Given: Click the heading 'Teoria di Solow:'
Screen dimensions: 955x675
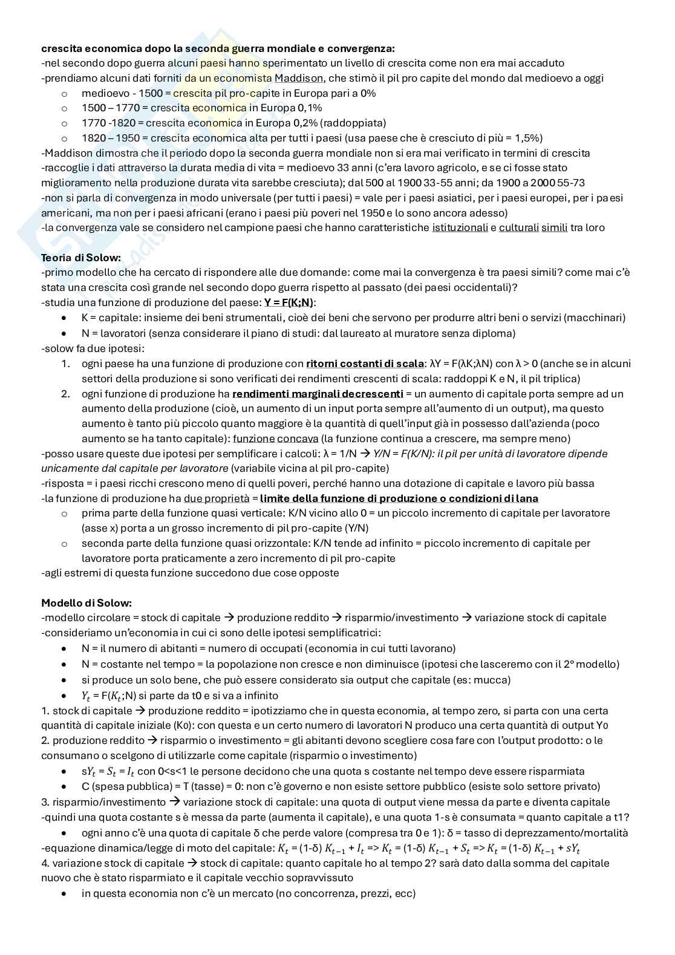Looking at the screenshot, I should (81, 258).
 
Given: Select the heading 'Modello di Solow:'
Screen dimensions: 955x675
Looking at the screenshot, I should (86, 603).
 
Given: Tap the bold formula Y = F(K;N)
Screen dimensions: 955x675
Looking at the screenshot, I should (290, 302).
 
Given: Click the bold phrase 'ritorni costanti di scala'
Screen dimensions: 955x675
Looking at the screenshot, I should (365, 363).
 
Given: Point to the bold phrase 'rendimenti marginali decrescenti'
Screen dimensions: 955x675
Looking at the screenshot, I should (318, 394).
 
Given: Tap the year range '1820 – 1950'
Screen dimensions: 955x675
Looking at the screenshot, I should (111, 138).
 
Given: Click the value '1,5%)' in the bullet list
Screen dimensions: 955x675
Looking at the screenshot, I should (529, 138).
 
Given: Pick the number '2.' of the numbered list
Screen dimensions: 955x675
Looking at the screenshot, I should (66, 394).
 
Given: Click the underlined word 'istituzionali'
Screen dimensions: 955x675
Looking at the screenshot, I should (460, 228).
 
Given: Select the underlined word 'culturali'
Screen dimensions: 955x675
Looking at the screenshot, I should (519, 228).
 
